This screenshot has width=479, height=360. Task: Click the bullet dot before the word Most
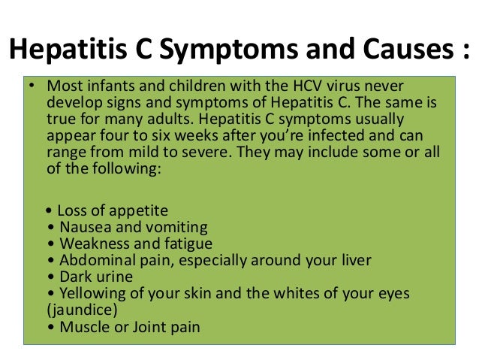click(x=32, y=86)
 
